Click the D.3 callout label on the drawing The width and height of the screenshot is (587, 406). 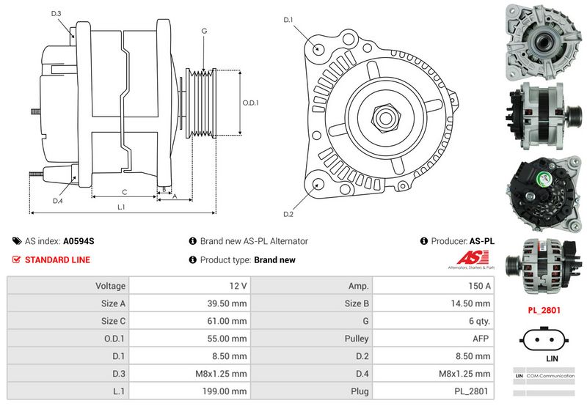56,14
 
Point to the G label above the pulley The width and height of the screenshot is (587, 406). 204,31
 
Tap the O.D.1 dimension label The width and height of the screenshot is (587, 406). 251,103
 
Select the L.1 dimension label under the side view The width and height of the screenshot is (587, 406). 122,207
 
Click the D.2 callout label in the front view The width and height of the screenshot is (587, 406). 288,214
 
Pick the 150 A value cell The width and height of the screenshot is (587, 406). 433,286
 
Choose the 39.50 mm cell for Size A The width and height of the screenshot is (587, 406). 189,303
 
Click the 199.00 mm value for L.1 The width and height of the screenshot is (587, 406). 189,391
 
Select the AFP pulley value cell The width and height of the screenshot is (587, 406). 433,339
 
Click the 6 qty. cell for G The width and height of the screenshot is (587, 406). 433,321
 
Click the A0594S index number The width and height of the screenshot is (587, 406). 79,240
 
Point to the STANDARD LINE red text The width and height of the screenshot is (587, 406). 57,259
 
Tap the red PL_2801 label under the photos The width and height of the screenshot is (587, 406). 544,310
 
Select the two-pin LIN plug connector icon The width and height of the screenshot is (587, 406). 544,339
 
